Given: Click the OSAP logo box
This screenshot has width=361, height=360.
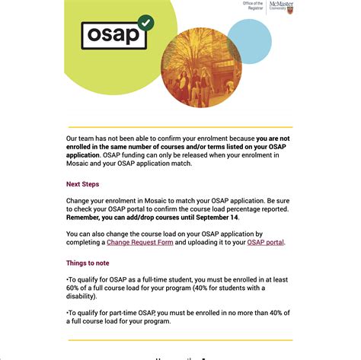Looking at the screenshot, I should [115, 34].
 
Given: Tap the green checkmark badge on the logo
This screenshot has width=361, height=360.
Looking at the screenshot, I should [146, 23].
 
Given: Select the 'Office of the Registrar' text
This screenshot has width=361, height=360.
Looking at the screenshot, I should [253, 5].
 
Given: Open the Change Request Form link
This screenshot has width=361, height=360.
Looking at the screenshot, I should [140, 242].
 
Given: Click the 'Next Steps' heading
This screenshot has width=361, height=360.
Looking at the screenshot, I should [82, 184].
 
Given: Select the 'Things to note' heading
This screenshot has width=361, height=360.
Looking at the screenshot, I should [87, 263].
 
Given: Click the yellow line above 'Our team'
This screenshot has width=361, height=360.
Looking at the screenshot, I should [179, 127].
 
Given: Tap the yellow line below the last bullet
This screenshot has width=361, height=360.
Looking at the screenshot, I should [179, 339].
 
